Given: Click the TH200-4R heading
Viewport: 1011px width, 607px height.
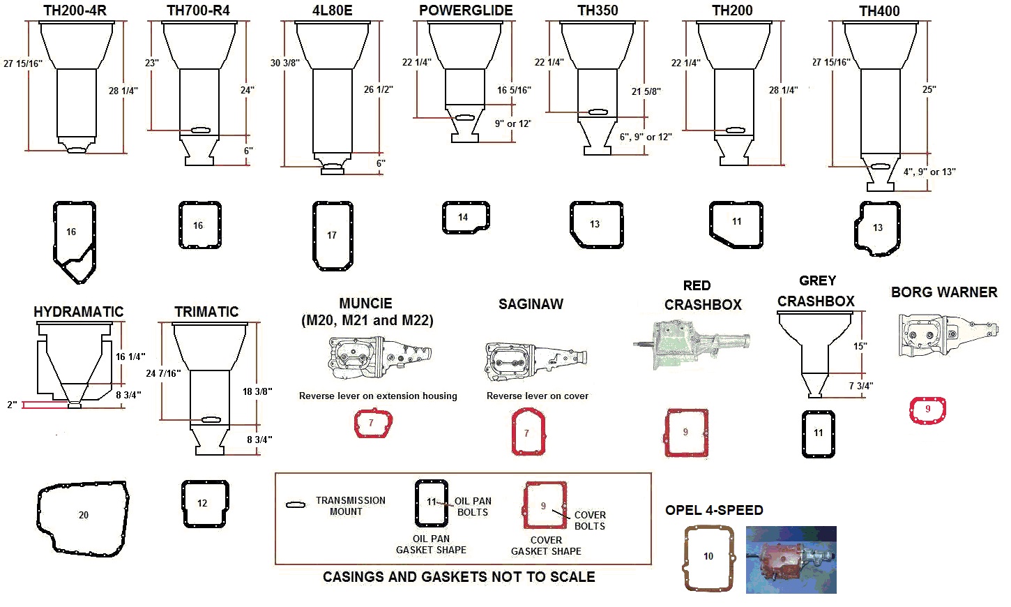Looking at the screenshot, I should pyautogui.click(x=75, y=10).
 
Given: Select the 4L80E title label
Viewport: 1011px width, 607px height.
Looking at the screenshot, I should pyautogui.click(x=333, y=10).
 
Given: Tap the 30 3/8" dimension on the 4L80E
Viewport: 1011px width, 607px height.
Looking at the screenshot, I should pyautogui.click(x=284, y=63).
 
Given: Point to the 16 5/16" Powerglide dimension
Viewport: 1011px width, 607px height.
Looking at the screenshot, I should pyautogui.click(x=514, y=90).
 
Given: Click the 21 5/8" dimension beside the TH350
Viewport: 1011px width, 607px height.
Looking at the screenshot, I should pyautogui.click(x=646, y=91).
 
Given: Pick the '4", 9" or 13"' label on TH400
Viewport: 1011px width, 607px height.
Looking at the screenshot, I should pyautogui.click(x=929, y=172).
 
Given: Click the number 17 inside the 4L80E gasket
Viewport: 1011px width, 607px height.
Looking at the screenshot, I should pyautogui.click(x=332, y=235).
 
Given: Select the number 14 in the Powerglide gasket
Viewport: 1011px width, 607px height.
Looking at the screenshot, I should pyautogui.click(x=463, y=217).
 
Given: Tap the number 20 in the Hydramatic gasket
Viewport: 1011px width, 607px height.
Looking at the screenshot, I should pyautogui.click(x=84, y=515).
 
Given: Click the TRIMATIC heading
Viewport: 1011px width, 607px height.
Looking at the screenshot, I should pyautogui.click(x=206, y=312).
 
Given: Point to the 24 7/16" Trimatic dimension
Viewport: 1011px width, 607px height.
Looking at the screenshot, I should pyautogui.click(x=163, y=373).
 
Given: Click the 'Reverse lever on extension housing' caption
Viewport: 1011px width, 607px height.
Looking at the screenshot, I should pyautogui.click(x=378, y=396).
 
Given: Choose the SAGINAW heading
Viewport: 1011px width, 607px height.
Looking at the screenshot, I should pyautogui.click(x=531, y=304).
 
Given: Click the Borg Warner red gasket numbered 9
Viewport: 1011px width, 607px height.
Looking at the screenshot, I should pyautogui.click(x=927, y=410).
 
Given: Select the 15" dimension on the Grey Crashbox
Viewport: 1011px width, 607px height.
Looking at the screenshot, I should pyautogui.click(x=860, y=346).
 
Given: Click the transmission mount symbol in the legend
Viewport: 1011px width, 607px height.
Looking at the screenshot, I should pyautogui.click(x=296, y=504).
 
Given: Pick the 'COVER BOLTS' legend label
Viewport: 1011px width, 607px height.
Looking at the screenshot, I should pyautogui.click(x=589, y=520).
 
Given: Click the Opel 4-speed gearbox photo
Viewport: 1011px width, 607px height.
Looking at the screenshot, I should pyautogui.click(x=791, y=560).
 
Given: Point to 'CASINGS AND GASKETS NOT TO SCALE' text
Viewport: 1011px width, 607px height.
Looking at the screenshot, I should pyautogui.click(x=459, y=577).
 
